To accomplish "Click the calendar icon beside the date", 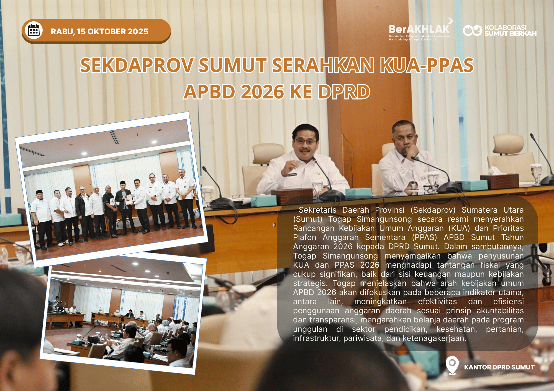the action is click(x=34, y=30).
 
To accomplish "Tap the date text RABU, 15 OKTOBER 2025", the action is click(x=99, y=32).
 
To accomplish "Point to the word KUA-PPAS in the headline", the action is click(x=427, y=65).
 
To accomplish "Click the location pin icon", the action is click(x=452, y=365).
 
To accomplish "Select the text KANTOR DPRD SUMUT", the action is click(x=499, y=367).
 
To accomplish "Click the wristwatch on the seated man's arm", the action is click(x=413, y=185).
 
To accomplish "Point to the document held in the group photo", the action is click(x=129, y=198).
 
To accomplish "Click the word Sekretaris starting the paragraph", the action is click(x=317, y=210).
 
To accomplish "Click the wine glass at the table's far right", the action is click(x=536, y=173).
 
